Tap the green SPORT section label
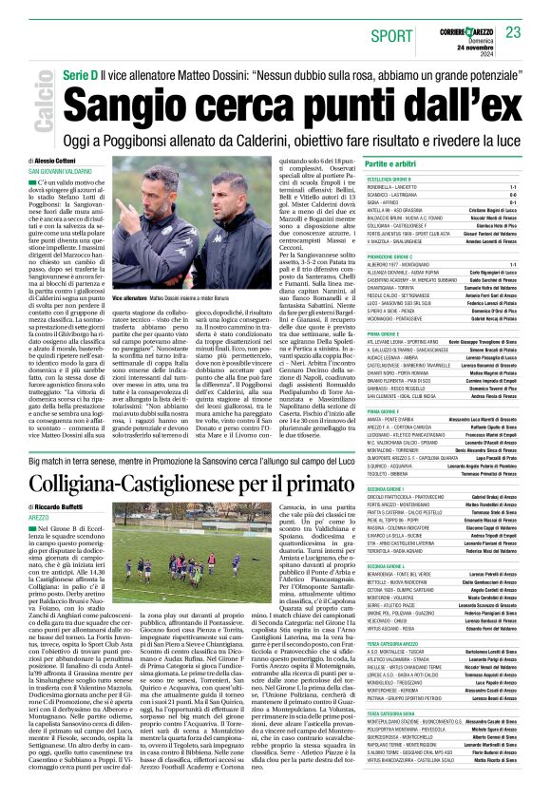coord(389,35)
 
